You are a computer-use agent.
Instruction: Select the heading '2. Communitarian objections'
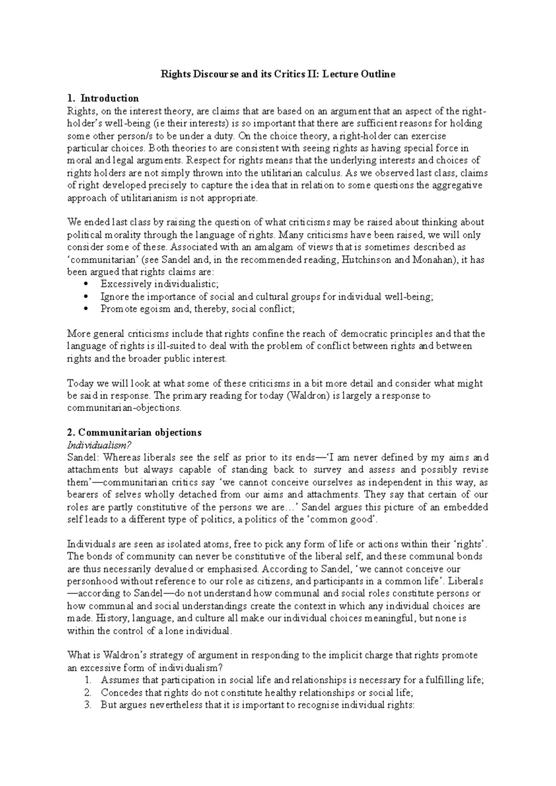pyautogui.click(x=134, y=432)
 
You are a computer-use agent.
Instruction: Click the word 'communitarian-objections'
pyautogui.click(x=124, y=408)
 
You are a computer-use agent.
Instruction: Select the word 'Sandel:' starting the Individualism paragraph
pyautogui.click(x=83, y=457)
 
